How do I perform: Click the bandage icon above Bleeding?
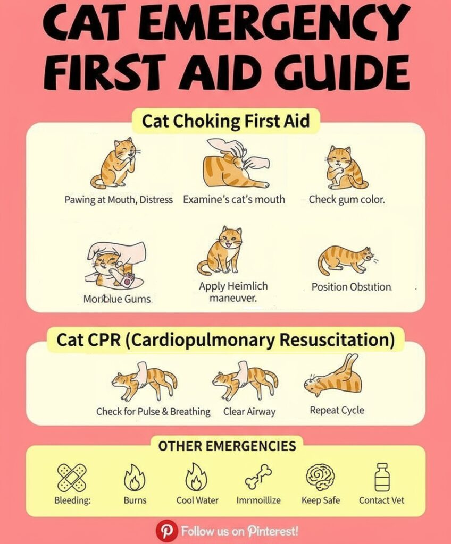(x=71, y=477)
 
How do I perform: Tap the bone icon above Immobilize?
(x=258, y=477)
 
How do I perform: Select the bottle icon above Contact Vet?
(x=382, y=477)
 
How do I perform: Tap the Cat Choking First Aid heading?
(x=225, y=122)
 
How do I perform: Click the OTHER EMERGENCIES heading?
(x=227, y=445)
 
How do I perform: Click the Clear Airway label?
(x=249, y=411)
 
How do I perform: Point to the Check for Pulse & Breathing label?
(x=153, y=411)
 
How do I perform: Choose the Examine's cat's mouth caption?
(x=234, y=200)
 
